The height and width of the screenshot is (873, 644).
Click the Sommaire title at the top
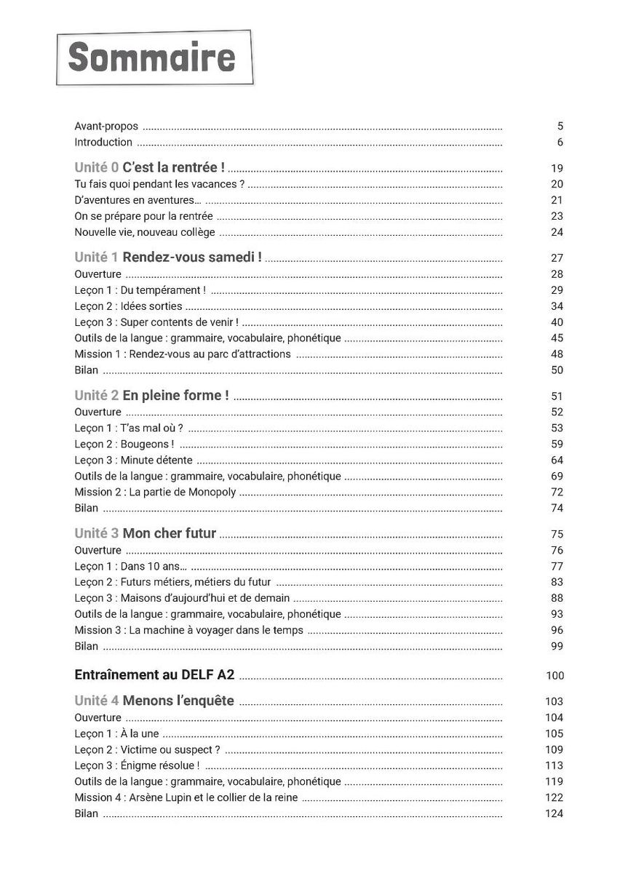(x=152, y=58)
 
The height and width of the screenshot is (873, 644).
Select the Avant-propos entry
(x=106, y=126)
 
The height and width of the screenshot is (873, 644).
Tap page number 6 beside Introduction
(x=560, y=143)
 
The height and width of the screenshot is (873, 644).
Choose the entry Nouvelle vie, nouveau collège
(x=145, y=232)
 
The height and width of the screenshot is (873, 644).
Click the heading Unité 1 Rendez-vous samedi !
(x=168, y=258)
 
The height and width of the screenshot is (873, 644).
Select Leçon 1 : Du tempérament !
(x=140, y=290)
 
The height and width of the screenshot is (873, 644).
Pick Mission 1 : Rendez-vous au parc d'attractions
(x=183, y=354)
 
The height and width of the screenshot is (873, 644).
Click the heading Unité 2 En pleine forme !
(x=151, y=396)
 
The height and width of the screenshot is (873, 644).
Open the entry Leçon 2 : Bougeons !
(x=124, y=444)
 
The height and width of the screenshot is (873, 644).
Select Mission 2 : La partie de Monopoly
(x=156, y=492)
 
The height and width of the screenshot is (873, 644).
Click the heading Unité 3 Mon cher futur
(x=146, y=533)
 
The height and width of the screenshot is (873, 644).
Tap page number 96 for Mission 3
(x=557, y=630)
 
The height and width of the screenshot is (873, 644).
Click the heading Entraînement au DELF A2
(x=154, y=675)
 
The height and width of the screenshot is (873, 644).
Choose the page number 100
(x=554, y=676)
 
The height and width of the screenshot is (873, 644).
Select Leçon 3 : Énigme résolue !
(x=137, y=765)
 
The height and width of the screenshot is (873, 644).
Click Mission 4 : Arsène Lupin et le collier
(x=186, y=797)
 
